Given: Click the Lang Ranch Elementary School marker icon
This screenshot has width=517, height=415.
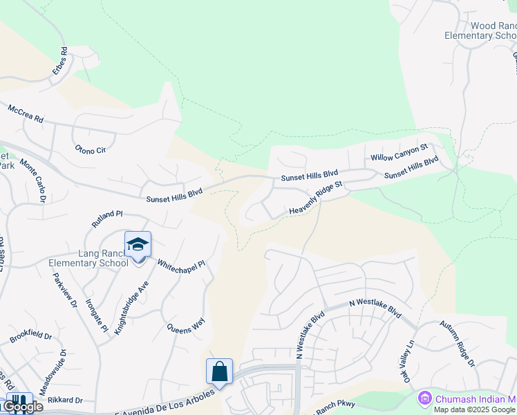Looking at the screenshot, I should (x=138, y=245).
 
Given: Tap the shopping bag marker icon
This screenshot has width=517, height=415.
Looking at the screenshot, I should (x=219, y=372).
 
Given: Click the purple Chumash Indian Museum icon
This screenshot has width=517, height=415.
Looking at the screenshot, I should (x=425, y=398).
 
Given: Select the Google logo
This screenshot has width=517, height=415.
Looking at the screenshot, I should (x=23, y=407).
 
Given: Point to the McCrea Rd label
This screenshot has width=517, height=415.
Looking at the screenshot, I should (x=26, y=114).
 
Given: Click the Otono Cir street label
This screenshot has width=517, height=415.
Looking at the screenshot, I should (x=91, y=149).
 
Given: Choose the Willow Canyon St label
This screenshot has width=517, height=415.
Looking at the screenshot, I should (x=399, y=153).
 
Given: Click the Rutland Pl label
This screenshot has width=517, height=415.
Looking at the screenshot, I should (x=107, y=219).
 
